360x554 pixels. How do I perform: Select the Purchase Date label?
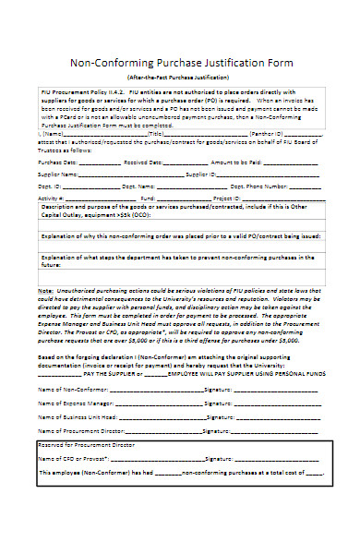pyautogui.click(x=57, y=161)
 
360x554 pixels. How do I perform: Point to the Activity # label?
pyautogui.click(x=52, y=198)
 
